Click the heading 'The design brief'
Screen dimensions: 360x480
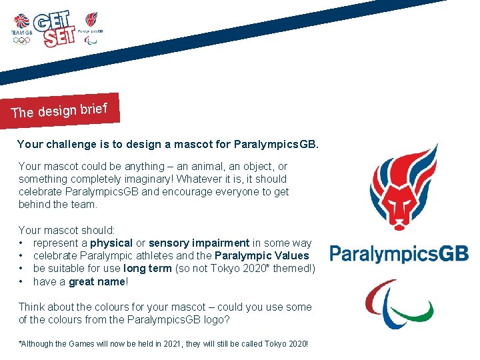[64, 109]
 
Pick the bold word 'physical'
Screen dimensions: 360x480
[111, 243]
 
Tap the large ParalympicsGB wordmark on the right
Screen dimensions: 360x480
[399, 254]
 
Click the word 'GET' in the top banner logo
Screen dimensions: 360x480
[50, 21]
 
